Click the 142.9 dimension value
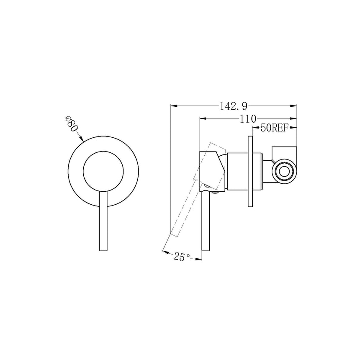(x=233, y=106)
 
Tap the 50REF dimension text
(x=274, y=128)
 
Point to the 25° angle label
(x=181, y=257)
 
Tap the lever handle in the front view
(x=103, y=222)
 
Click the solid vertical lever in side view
(x=206, y=222)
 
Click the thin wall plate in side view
(x=250, y=172)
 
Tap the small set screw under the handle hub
(x=216, y=193)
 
